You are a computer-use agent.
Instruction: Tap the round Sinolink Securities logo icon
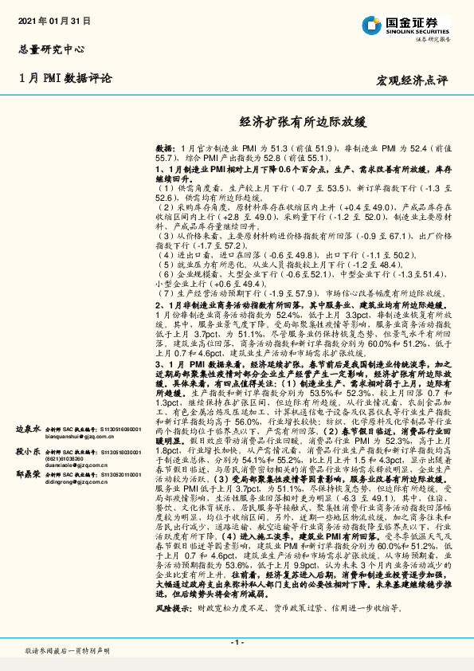pyautogui.click(x=371, y=27)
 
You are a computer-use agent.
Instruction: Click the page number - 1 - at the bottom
pyautogui.click(x=237, y=642)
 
